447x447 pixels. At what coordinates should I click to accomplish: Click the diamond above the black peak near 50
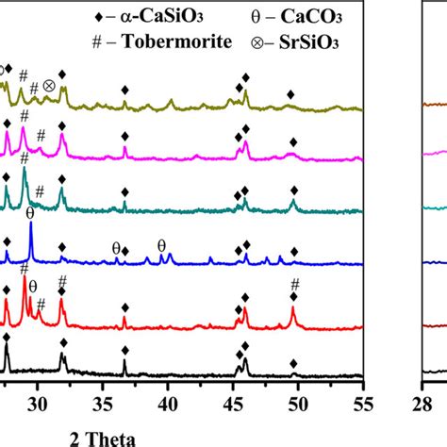293,363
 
